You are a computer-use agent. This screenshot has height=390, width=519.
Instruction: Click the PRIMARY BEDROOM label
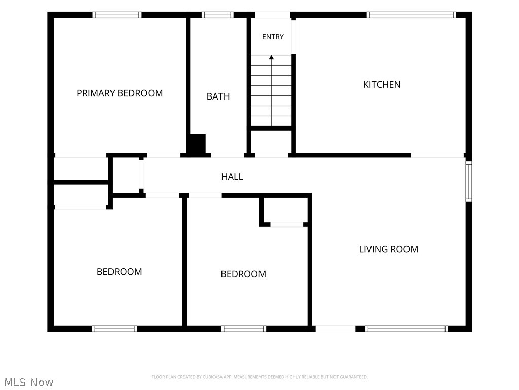[x=120, y=93]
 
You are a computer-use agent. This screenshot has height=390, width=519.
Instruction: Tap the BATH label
[x=218, y=96]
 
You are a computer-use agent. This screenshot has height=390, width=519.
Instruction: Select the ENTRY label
[x=273, y=37]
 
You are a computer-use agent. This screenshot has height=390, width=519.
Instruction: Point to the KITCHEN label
[x=382, y=85]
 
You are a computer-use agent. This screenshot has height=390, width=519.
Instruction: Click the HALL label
[x=232, y=177]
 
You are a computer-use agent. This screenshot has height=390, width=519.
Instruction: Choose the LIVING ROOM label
[x=389, y=249]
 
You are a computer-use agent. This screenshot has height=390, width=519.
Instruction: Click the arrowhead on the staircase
[x=272, y=57]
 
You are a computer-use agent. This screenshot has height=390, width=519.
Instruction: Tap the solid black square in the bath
[x=197, y=144]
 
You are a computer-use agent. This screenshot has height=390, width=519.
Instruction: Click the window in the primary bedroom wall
[x=117, y=15]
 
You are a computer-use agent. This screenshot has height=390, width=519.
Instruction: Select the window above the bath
[x=217, y=15]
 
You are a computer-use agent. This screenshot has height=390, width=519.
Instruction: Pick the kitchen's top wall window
[x=412, y=15]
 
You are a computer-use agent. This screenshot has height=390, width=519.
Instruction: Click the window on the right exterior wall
[x=469, y=181]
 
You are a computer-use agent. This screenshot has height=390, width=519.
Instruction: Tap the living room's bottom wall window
[x=406, y=329]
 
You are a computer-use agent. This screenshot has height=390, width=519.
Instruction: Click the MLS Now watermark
[x=28, y=382]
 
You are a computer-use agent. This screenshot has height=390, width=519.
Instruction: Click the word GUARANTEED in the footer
[x=354, y=377]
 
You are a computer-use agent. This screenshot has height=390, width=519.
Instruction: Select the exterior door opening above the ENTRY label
[x=273, y=15]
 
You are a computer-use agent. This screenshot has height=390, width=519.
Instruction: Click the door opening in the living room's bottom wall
[x=336, y=329]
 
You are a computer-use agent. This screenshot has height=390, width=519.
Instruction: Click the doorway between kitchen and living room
[x=437, y=155]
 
